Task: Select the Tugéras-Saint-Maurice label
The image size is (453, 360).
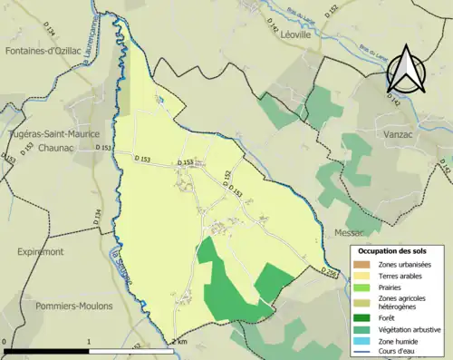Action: (53, 132)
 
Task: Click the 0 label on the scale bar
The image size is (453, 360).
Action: (5, 342)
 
